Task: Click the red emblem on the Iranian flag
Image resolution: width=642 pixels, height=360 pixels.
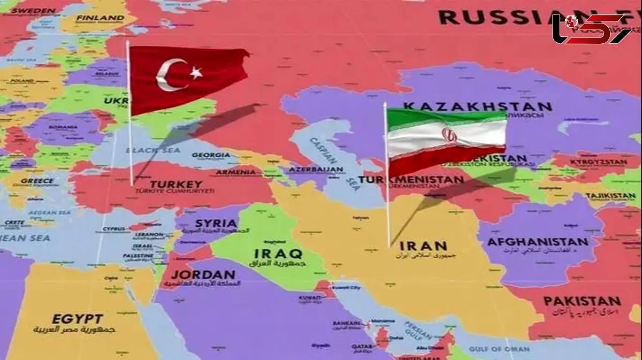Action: point(448,134)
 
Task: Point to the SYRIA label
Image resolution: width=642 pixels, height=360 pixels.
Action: point(216,223)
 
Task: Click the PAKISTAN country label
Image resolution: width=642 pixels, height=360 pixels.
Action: point(582,301)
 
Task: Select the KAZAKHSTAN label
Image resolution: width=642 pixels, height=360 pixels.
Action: point(477,106)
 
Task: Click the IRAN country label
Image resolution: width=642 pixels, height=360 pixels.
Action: point(423,246)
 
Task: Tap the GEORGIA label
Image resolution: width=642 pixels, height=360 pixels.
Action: point(211,155)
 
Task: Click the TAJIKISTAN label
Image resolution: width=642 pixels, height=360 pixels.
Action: point(610,196)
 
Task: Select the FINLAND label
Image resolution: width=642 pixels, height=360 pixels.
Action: point(100,18)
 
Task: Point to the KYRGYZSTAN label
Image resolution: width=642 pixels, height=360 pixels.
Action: point(597,162)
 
